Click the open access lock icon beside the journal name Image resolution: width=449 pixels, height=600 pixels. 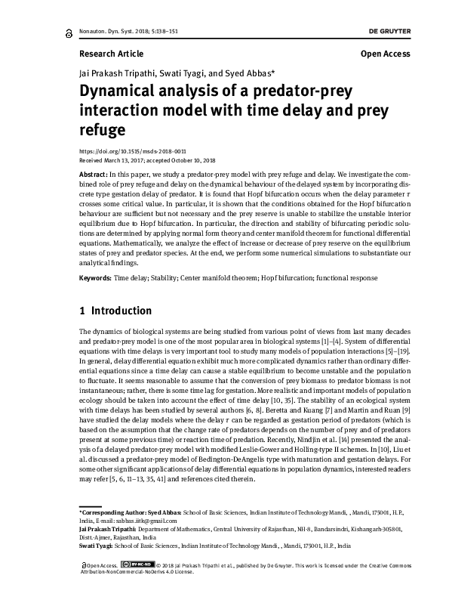point(70,32)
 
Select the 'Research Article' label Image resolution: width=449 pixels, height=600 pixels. point(111,54)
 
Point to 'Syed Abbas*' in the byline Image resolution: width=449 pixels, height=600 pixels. point(251,73)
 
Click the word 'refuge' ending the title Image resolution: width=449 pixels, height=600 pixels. point(102,129)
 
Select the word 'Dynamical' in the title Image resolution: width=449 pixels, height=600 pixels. point(121,92)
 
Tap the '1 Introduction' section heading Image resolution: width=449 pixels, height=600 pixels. point(115,311)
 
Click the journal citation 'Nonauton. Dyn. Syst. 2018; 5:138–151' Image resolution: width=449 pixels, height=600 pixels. point(125,32)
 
